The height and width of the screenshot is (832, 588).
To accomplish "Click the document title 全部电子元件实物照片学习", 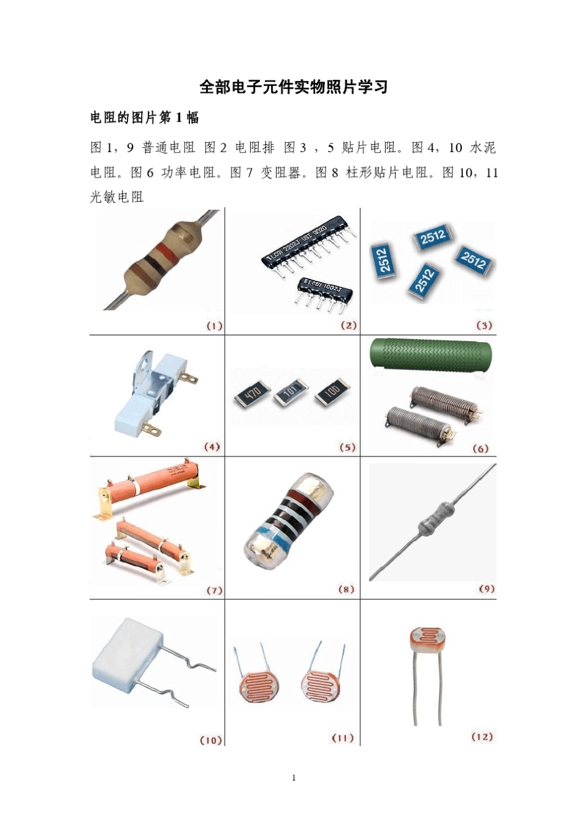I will (x=293, y=87).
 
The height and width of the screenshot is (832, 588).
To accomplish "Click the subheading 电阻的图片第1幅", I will (x=144, y=118).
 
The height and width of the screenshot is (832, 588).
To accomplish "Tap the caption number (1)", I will (x=214, y=326).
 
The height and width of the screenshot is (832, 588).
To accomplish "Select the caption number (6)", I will (x=480, y=448).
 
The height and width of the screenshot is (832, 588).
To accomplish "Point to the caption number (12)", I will (x=482, y=736).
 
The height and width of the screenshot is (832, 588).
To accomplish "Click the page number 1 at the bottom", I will (x=293, y=778).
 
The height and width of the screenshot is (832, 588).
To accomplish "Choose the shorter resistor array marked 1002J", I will (x=324, y=288).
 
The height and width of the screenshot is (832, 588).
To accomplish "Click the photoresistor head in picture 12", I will (x=426, y=638).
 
